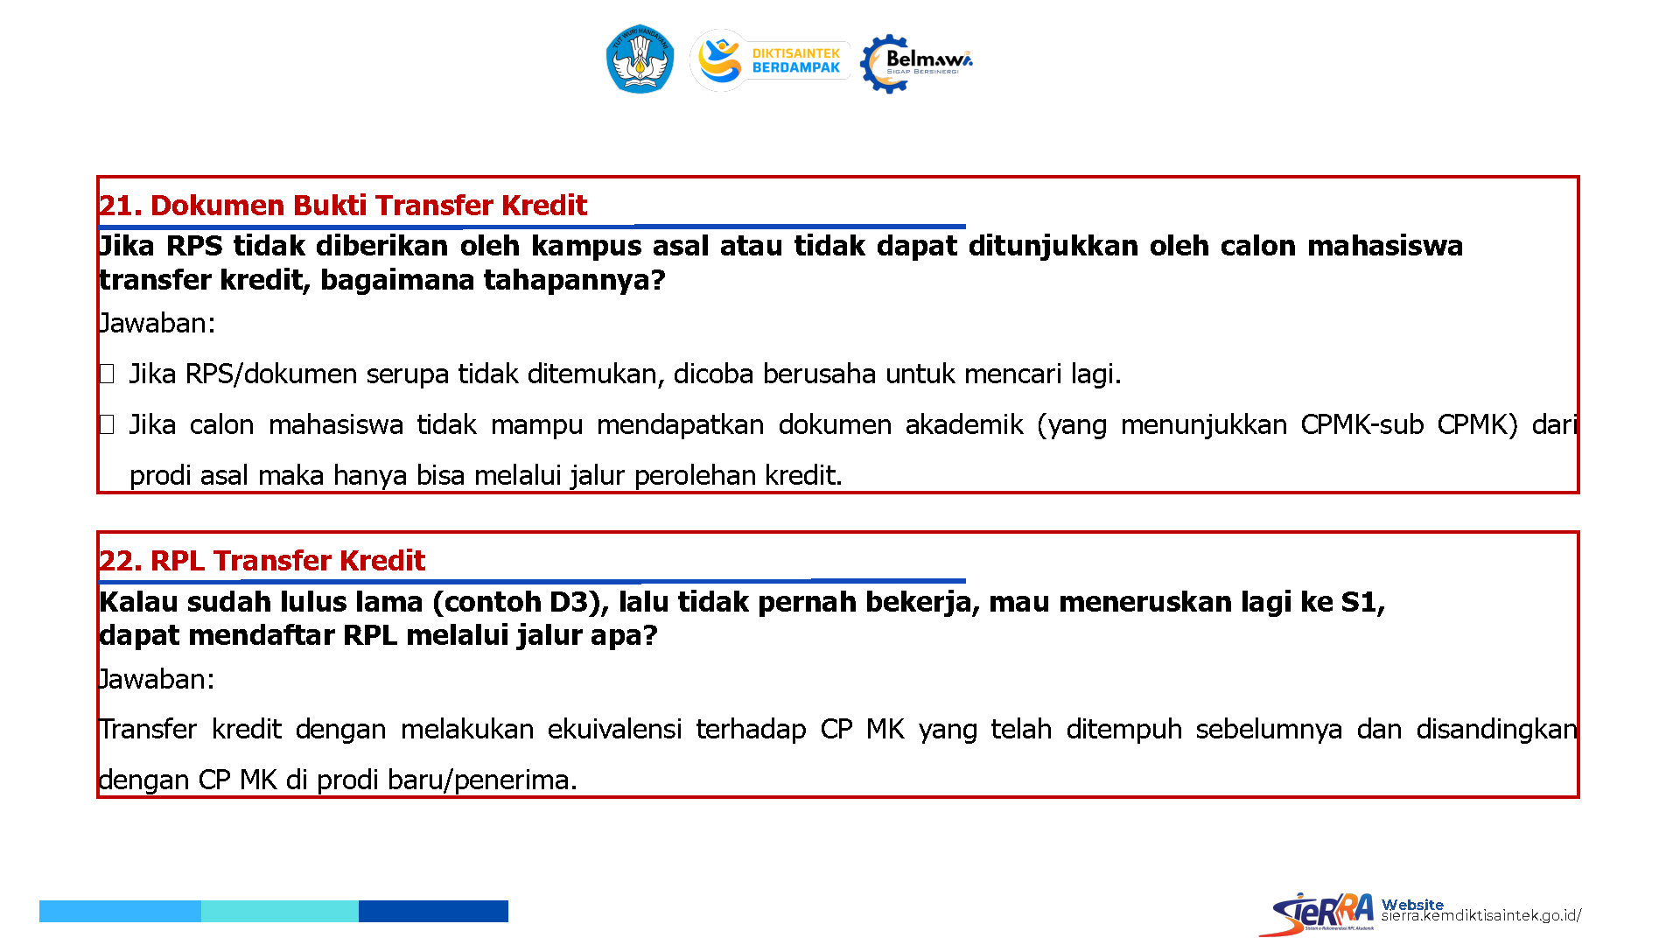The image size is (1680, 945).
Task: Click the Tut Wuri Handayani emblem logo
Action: (640, 59)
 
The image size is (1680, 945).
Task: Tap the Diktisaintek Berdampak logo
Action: (770, 60)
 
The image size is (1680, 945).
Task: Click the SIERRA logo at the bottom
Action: (1317, 913)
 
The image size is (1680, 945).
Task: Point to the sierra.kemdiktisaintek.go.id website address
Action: (1480, 915)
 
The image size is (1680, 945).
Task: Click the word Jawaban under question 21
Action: (157, 323)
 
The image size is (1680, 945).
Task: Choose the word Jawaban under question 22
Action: (157, 679)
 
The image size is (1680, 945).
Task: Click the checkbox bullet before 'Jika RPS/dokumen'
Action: (107, 374)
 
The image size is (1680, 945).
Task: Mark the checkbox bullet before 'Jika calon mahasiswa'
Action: (107, 425)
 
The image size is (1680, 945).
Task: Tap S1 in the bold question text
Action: (1361, 602)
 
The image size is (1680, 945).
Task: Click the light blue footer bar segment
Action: (120, 911)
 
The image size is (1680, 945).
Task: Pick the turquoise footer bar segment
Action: (280, 911)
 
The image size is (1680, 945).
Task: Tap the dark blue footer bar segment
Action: (433, 911)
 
